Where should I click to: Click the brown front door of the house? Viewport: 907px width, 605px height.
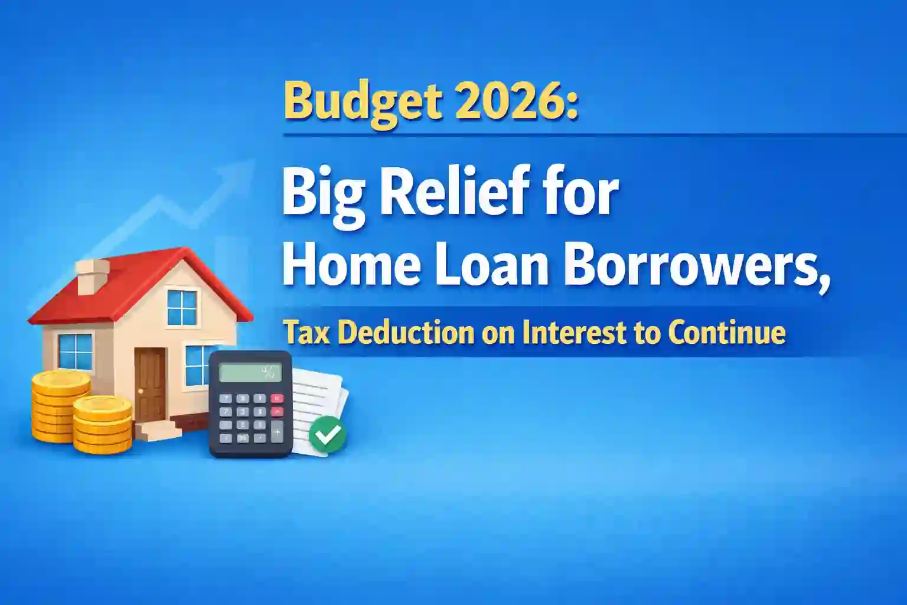point(150,384)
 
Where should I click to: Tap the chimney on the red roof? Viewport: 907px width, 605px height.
point(92,276)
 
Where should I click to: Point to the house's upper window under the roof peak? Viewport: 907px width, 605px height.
point(182,307)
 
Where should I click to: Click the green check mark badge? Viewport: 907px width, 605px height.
point(327,434)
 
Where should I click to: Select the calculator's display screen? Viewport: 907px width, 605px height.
point(250,372)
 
